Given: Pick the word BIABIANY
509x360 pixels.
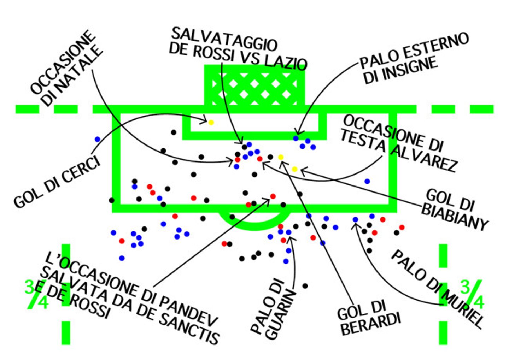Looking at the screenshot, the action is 455,218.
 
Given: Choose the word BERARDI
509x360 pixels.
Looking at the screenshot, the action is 371,324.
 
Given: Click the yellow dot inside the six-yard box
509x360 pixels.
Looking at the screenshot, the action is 211,123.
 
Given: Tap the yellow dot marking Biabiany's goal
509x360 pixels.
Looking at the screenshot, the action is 294,169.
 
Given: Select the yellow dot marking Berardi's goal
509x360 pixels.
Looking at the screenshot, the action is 281,157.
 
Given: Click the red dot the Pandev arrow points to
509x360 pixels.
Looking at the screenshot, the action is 273,196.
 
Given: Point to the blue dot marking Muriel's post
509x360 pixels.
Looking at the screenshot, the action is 355,219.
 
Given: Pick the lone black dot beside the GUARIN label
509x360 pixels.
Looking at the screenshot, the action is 305,286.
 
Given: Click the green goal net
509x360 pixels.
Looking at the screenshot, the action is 255,86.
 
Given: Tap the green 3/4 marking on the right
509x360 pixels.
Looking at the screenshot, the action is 472,294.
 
